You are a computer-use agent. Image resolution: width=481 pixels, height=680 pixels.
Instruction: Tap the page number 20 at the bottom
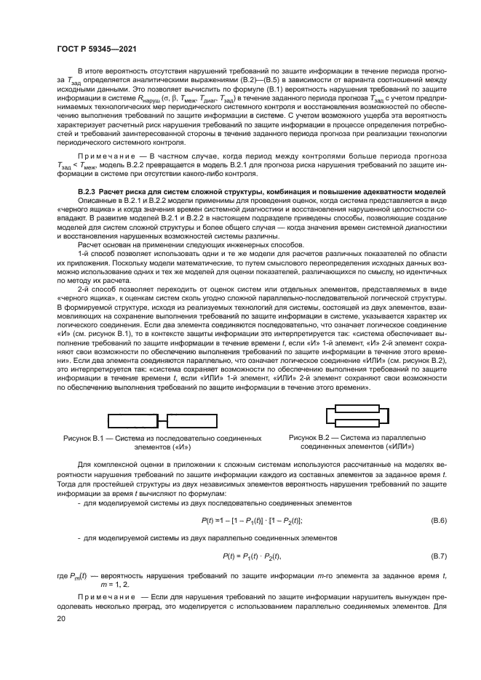(x=62, y=619)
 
